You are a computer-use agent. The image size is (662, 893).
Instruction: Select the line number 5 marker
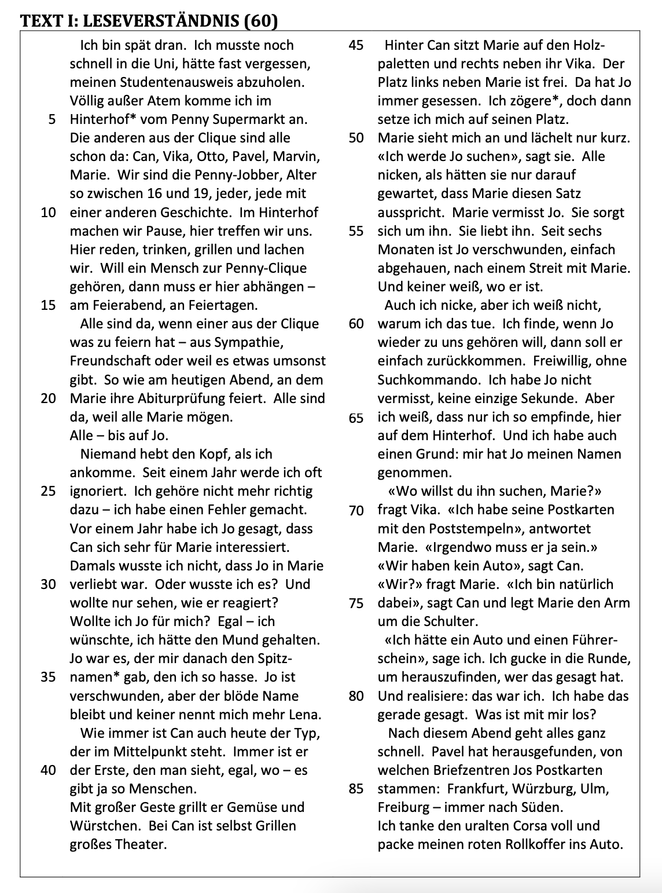tap(53, 119)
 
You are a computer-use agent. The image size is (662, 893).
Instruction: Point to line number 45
tap(356, 45)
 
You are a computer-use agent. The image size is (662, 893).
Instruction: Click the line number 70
tap(356, 510)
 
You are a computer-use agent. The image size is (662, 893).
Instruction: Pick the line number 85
tap(356, 789)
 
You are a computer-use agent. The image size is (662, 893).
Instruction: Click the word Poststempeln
tap(475, 529)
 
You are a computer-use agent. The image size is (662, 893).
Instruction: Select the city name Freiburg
tap(404, 807)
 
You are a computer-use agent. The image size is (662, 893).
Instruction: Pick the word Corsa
tap(510, 826)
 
